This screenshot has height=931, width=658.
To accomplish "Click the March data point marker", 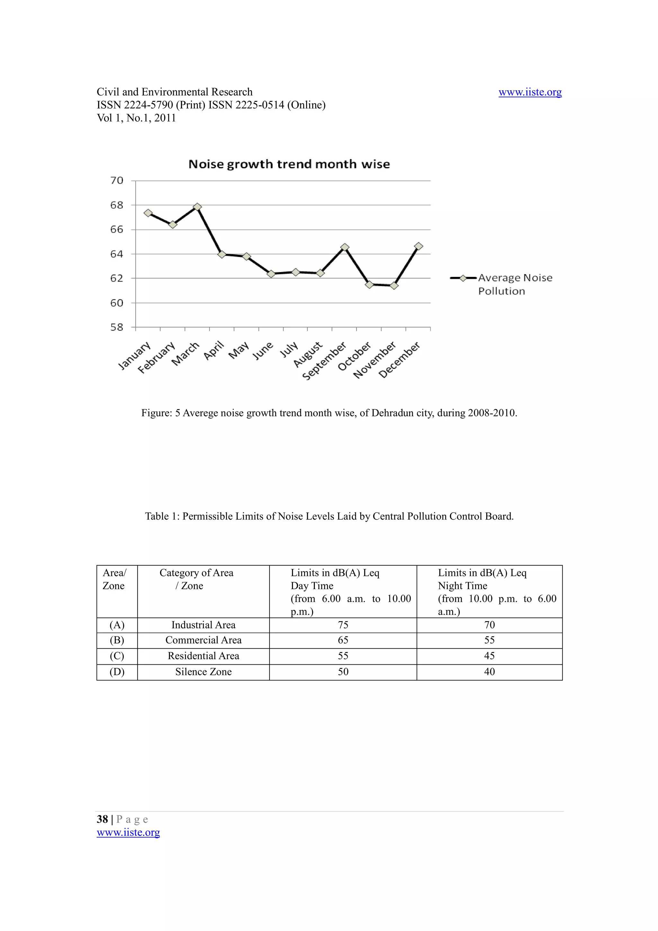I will click(198, 207).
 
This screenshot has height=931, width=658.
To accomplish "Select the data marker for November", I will click(394, 286).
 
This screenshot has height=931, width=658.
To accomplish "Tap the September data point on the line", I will click(345, 247).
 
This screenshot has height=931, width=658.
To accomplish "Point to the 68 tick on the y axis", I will click(117, 205).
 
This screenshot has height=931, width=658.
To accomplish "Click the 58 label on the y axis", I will click(117, 327).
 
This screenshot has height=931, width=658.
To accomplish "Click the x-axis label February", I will click(156, 358).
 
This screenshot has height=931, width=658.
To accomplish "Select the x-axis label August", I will click(308, 354).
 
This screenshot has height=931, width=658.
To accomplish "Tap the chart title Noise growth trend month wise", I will click(289, 164).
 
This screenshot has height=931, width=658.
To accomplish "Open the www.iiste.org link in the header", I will click(529, 92).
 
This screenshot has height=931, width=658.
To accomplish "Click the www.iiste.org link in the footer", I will click(128, 832).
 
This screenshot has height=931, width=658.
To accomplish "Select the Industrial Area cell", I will click(203, 625).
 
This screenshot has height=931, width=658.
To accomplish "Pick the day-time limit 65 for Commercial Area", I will click(343, 640).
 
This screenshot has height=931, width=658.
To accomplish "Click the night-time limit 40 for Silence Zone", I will click(489, 671).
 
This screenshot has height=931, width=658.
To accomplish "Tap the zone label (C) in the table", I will click(117, 656).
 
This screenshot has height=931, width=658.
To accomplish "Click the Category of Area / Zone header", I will click(196, 579).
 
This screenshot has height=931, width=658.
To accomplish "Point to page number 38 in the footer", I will click(102, 819).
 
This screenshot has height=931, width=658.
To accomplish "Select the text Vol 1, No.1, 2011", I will click(136, 118).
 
